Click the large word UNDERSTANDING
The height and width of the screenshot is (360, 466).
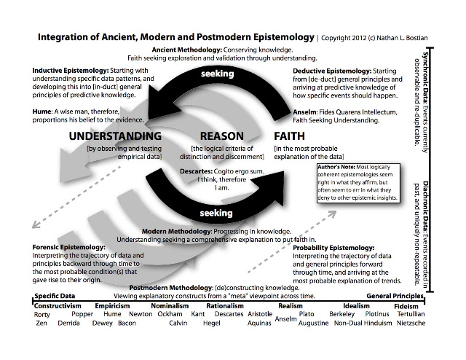tap(115, 136)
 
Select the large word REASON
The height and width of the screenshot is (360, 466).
tap(221, 136)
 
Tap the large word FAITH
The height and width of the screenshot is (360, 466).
tap(289, 136)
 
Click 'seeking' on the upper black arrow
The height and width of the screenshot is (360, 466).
tap(217, 74)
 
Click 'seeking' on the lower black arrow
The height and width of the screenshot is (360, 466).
tap(216, 213)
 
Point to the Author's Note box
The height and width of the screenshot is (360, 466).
tap(358, 183)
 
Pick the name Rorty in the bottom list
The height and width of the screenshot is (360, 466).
tap(42, 315)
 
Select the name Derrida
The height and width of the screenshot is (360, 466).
tap(68, 323)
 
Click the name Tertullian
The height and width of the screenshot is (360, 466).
tap(411, 314)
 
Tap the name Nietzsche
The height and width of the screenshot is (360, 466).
tap(411, 323)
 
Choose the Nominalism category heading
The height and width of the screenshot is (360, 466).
tap(170, 306)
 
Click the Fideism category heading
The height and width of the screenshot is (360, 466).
tap(406, 307)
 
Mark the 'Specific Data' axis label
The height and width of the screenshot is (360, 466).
tap(55, 296)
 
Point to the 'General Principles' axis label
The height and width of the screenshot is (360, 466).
tap(395, 296)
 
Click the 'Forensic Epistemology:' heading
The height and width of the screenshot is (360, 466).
tap(68, 247)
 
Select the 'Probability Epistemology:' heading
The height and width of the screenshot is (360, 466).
tap(333, 248)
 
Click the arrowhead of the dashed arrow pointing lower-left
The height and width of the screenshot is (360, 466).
tap(35, 225)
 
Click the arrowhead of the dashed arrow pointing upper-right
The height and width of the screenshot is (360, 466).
tap(333, 214)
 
